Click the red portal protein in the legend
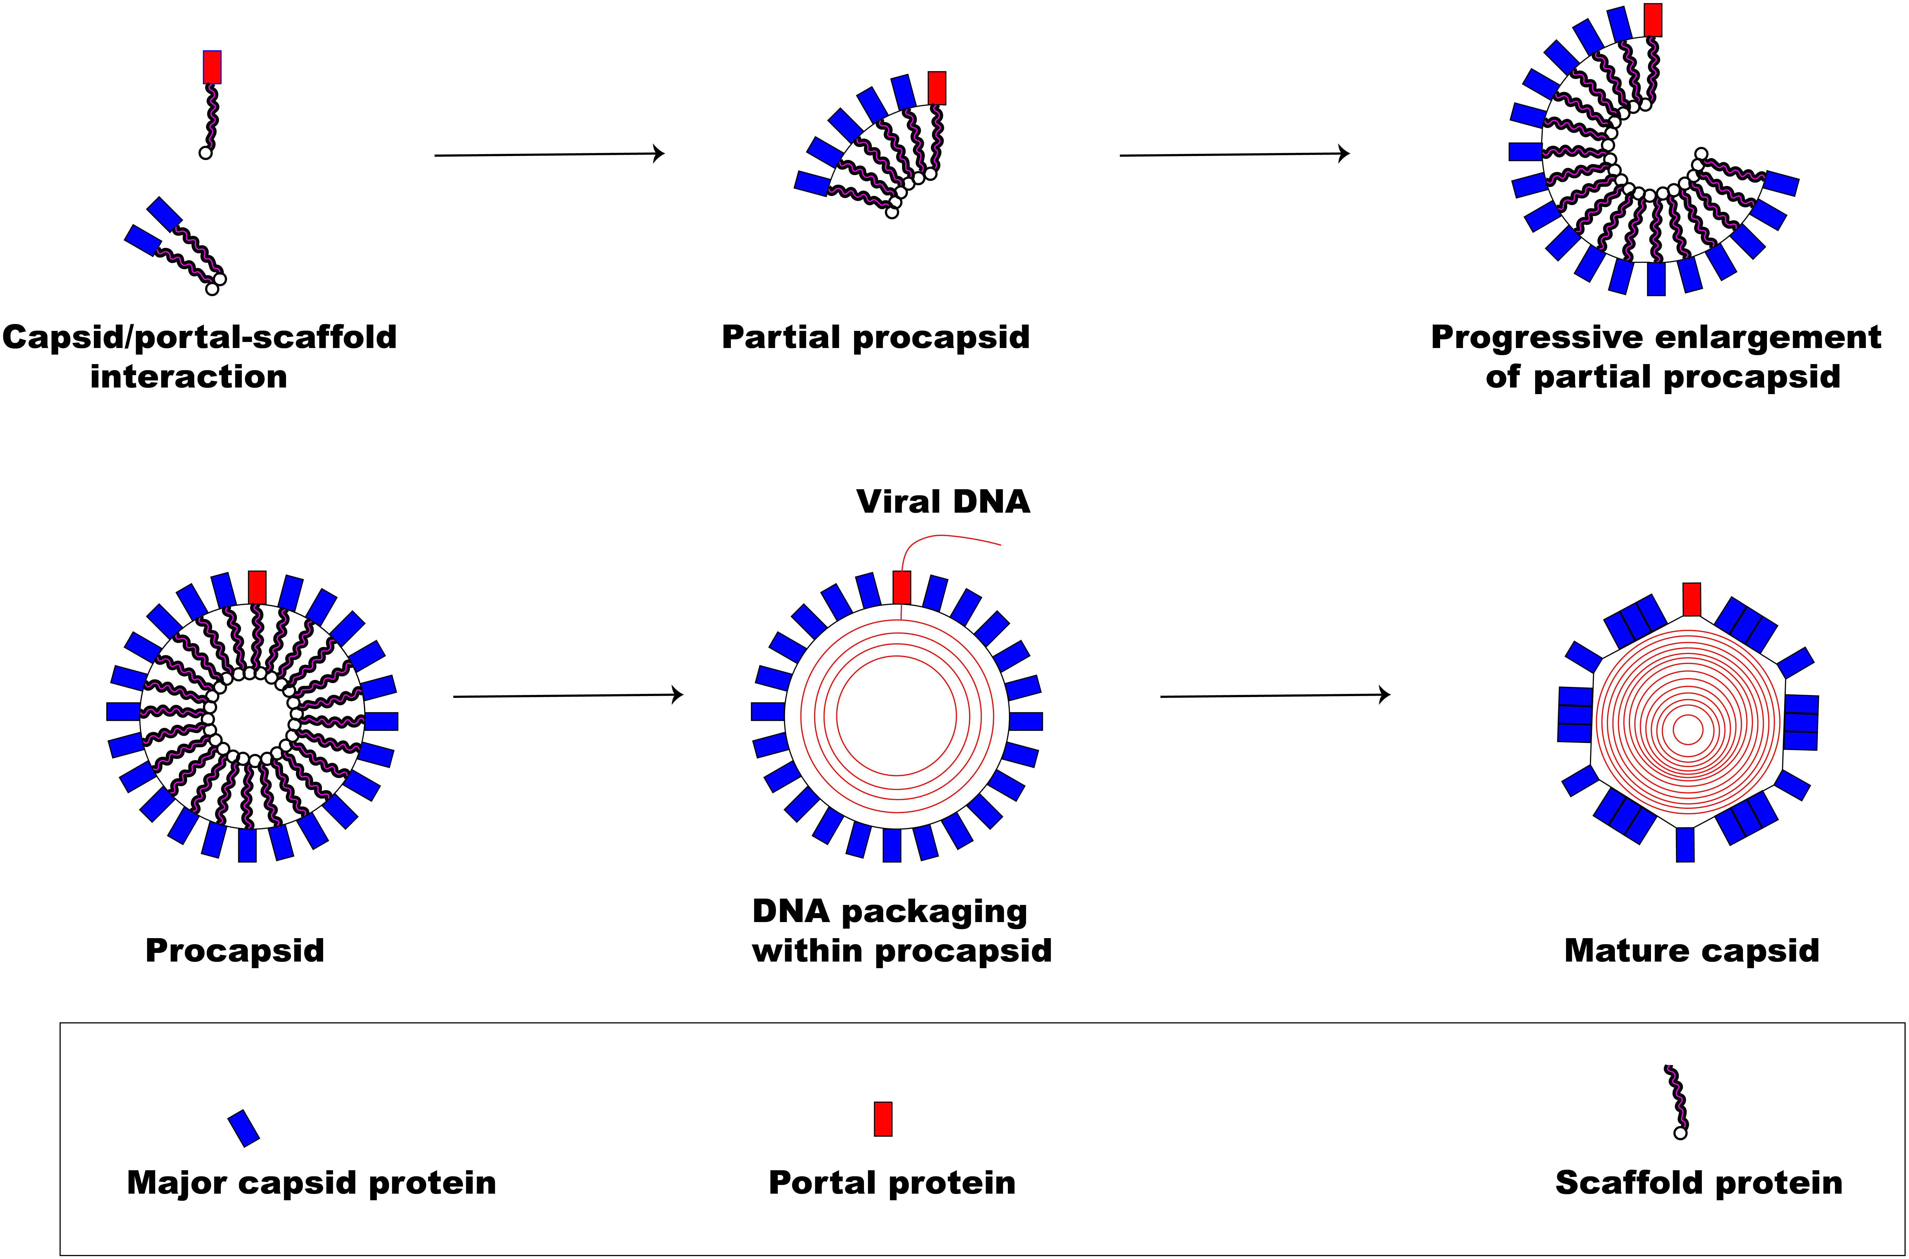point(883,1119)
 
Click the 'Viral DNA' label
point(943,502)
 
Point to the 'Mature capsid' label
point(1691,951)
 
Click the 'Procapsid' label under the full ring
point(235,951)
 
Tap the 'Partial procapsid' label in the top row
point(875,337)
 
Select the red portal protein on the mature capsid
point(1691,599)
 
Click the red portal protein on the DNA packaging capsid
point(902,587)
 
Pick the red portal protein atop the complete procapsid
point(257,587)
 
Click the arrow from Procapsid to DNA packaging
point(569,696)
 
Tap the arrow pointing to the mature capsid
point(1275,696)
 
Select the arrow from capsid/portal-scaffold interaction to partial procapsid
point(549,154)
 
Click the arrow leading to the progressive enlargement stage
point(1234,154)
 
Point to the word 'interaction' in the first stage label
point(189,376)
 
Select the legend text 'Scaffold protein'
point(1699,1183)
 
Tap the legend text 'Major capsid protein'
point(312,1183)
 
